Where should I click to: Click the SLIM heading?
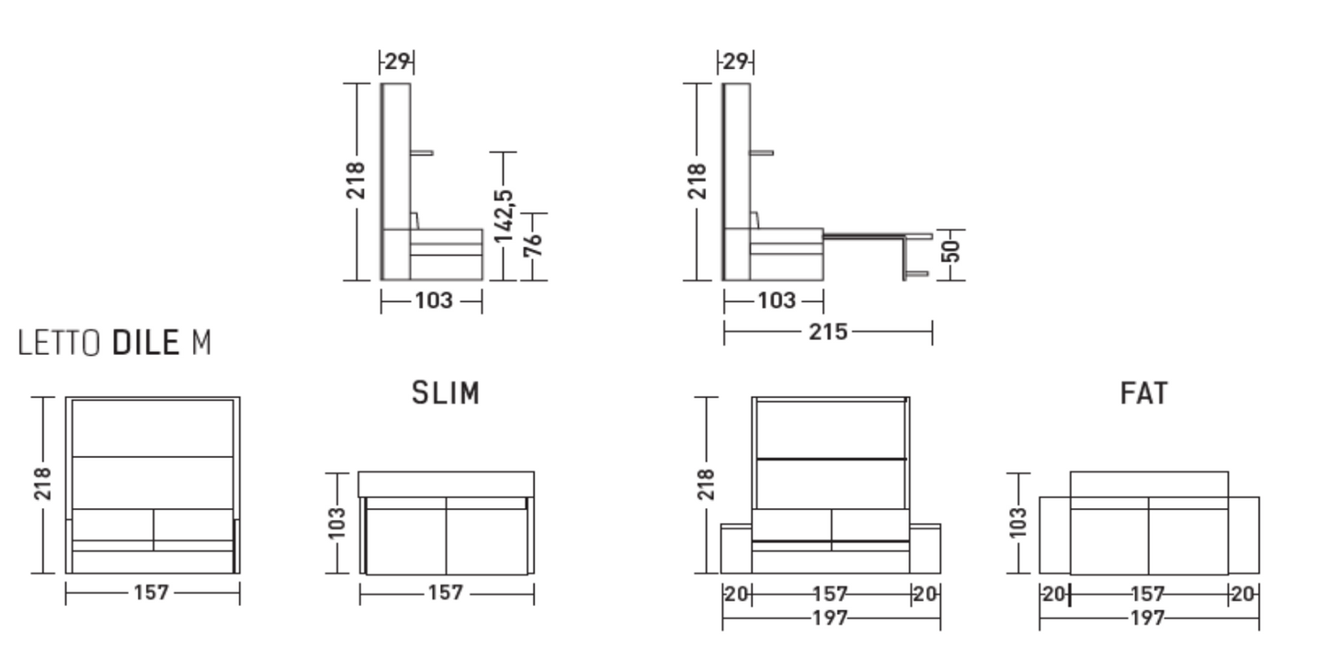click(446, 392)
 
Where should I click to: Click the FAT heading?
click(1144, 392)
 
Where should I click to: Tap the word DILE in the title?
click(145, 342)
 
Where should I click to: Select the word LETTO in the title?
click(59, 342)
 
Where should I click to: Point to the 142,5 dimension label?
click(504, 216)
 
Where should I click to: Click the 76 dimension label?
click(533, 245)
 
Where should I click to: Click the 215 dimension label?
click(828, 332)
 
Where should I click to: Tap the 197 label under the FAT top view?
click(1148, 618)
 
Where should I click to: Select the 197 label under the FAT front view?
click(830, 618)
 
